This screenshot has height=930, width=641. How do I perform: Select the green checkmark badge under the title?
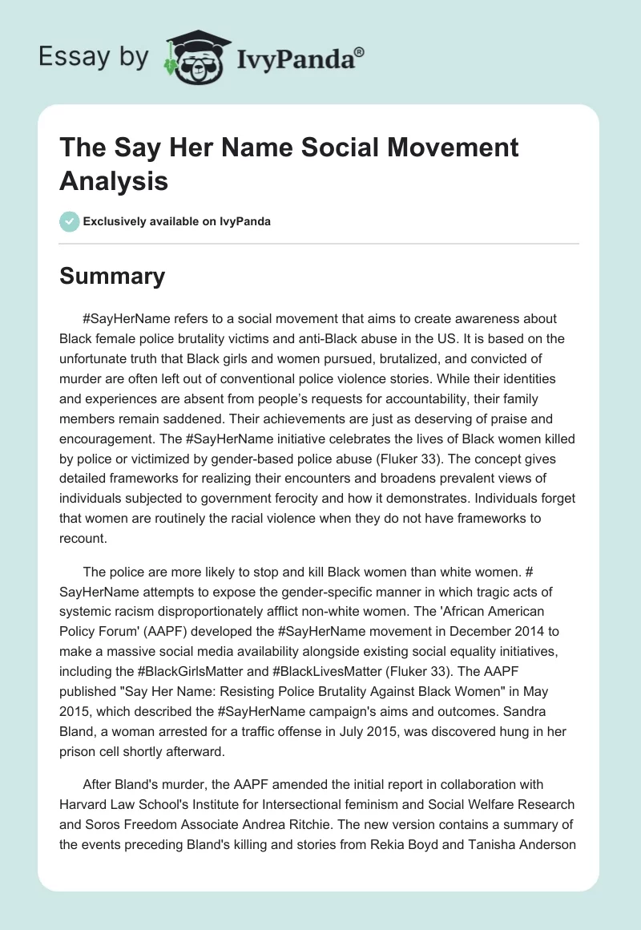point(70,222)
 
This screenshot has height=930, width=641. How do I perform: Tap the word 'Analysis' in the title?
point(114,181)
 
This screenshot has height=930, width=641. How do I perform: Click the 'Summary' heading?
point(112,276)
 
